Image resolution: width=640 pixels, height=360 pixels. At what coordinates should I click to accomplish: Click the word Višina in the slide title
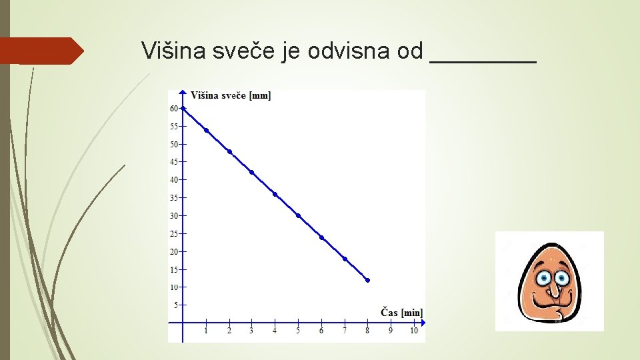(174, 51)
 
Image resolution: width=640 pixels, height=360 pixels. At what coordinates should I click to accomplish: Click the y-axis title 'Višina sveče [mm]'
(231, 95)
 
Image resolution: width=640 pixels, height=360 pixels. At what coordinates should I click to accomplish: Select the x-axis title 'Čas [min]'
(401, 312)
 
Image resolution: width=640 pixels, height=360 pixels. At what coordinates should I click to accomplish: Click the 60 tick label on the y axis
(174, 108)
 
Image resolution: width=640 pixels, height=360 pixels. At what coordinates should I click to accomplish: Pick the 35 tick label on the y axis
(174, 198)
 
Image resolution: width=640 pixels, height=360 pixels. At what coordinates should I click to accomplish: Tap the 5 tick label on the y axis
(176, 305)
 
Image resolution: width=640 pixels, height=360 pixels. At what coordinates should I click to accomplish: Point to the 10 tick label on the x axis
(413, 331)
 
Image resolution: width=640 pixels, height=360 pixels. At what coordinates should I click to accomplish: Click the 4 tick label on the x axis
(275, 331)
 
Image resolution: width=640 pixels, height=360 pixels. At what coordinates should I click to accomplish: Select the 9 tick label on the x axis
(391, 331)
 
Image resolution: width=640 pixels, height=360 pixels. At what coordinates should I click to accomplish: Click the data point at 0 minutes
(183, 108)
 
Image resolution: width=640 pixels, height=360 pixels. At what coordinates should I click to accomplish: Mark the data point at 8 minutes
(367, 280)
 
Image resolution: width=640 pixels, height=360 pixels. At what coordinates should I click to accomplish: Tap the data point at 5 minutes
(298, 215)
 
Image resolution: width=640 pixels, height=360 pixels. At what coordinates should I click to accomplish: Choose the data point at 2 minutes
(229, 151)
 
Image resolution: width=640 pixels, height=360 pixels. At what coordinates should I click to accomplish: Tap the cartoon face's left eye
(543, 277)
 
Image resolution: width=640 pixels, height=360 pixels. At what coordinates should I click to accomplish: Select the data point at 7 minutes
(345, 259)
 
